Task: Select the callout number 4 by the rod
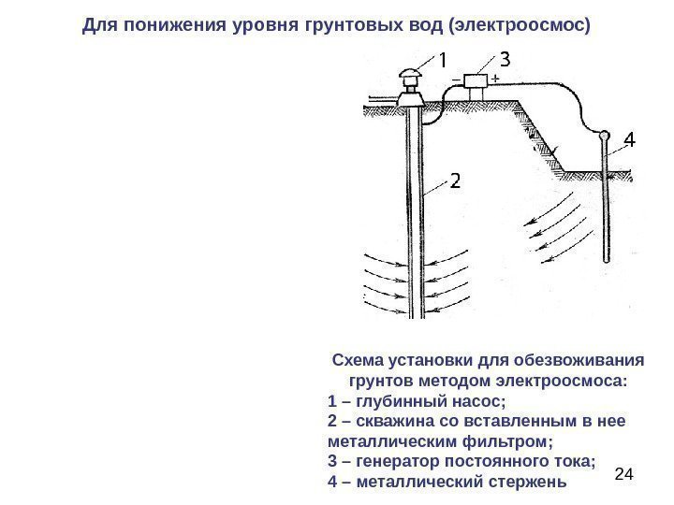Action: (629, 141)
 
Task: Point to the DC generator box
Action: (476, 80)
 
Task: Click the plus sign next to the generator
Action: (493, 79)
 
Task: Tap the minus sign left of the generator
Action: (455, 80)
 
